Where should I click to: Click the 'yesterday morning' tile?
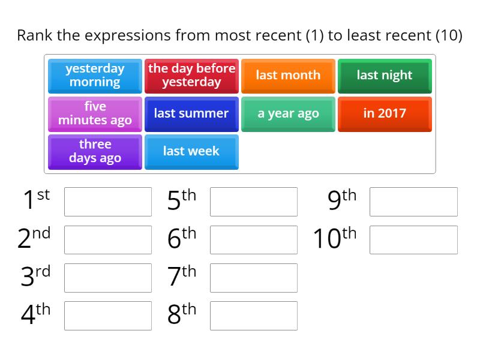click(x=95, y=76)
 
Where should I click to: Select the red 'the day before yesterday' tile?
click(x=191, y=76)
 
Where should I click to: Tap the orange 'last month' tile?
click(x=288, y=76)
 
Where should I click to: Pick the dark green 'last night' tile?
click(x=385, y=76)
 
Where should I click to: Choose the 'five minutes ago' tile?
click(x=95, y=113)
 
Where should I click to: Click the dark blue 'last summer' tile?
click(x=191, y=113)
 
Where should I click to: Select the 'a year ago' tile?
click(x=288, y=113)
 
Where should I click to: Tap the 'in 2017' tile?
click(x=385, y=113)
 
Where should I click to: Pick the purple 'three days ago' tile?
click(x=95, y=151)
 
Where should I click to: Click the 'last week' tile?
click(x=191, y=151)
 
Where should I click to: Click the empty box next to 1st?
click(x=108, y=202)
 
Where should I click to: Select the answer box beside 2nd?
click(x=108, y=240)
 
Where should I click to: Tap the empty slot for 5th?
click(x=254, y=202)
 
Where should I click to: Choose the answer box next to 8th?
click(x=254, y=316)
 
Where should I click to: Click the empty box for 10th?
click(x=413, y=240)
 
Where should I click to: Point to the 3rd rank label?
click(x=35, y=277)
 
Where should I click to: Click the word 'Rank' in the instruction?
click(x=35, y=35)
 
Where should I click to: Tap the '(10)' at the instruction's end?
click(x=448, y=35)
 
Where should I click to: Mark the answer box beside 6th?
click(x=254, y=240)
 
